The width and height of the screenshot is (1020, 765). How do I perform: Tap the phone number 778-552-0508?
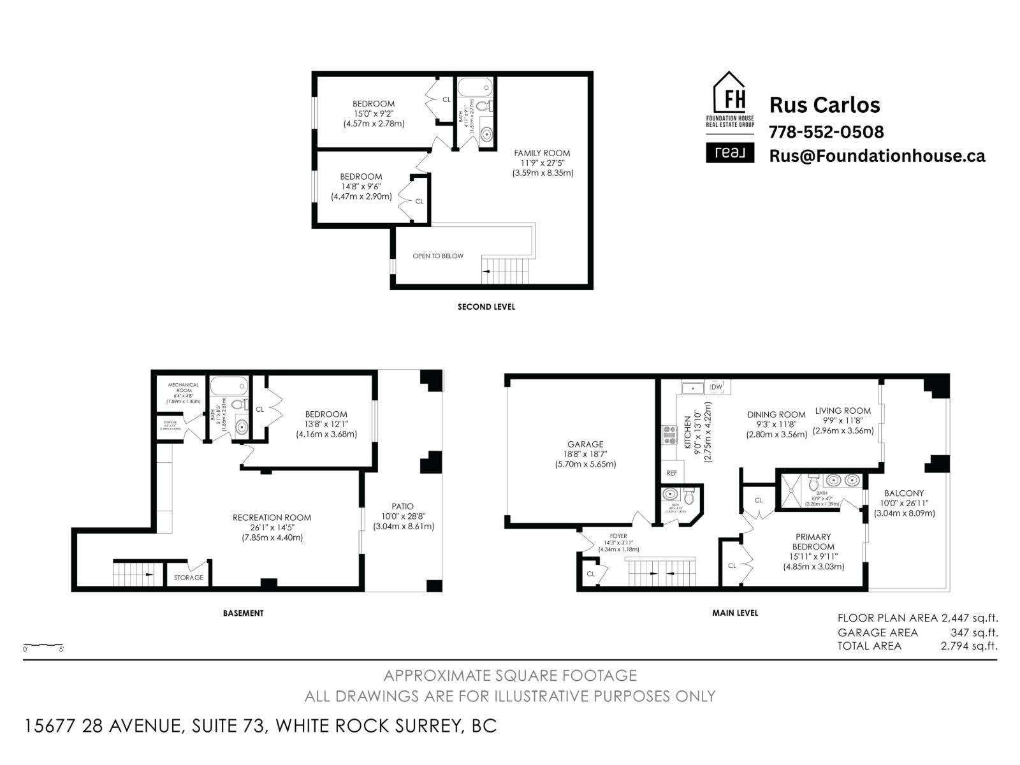point(826,132)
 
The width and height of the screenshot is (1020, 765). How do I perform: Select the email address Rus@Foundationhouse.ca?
point(877,156)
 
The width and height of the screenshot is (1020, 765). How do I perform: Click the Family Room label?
point(542,153)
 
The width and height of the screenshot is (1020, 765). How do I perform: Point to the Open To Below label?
point(438,256)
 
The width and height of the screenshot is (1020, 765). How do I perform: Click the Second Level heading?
point(486,307)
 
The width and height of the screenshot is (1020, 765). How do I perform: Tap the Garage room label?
point(585,444)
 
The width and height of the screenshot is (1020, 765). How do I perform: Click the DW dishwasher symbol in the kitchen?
point(717,387)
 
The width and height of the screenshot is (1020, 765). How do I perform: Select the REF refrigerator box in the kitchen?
point(671,473)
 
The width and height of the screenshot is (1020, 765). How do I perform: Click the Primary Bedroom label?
point(813,541)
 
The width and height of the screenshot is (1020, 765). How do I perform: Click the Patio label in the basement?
point(403,506)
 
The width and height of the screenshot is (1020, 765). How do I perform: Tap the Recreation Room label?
point(272,517)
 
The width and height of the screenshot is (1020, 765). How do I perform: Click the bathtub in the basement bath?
point(229,386)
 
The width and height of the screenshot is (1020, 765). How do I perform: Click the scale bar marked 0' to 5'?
point(43,645)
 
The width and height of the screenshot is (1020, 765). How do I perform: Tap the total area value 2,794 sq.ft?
point(968,646)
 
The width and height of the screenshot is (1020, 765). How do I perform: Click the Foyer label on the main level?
point(618,536)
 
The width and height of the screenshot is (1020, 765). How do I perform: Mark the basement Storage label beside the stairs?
point(189,578)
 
